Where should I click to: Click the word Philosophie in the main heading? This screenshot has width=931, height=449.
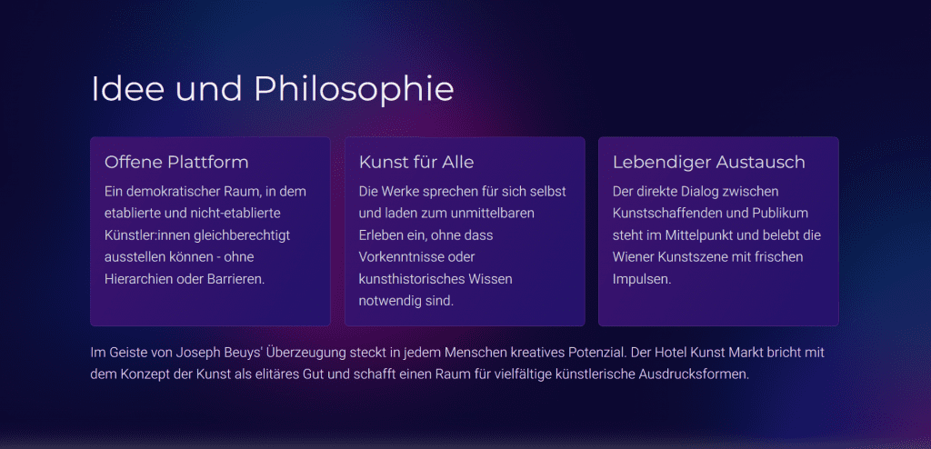pyautogui.click(x=354, y=90)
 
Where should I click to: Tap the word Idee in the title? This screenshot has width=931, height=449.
pyautogui.click(x=127, y=88)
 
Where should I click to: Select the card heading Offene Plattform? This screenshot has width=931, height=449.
pyautogui.click(x=176, y=162)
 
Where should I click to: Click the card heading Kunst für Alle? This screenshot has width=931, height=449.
pyautogui.click(x=416, y=162)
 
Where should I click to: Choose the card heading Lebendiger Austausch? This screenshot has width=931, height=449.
pyautogui.click(x=709, y=163)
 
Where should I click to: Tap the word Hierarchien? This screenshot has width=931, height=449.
pyautogui.click(x=139, y=279)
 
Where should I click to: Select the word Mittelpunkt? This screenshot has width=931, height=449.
pyautogui.click(x=694, y=235)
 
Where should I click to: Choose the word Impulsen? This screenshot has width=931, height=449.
pyautogui.click(x=642, y=280)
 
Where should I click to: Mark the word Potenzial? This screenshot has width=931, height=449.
pyautogui.click(x=597, y=353)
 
